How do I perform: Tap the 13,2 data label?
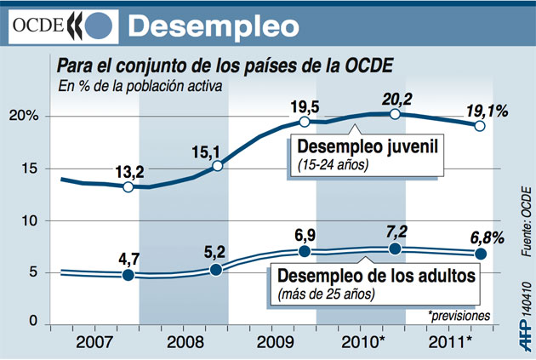tap(128, 169)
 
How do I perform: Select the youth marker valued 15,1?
tap(217, 165)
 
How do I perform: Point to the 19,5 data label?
tap(305, 106)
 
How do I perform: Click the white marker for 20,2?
tap(395, 114)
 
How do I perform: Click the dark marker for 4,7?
tap(128, 275)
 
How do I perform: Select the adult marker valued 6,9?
tap(305, 252)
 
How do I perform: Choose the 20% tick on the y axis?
tap(23, 117)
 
